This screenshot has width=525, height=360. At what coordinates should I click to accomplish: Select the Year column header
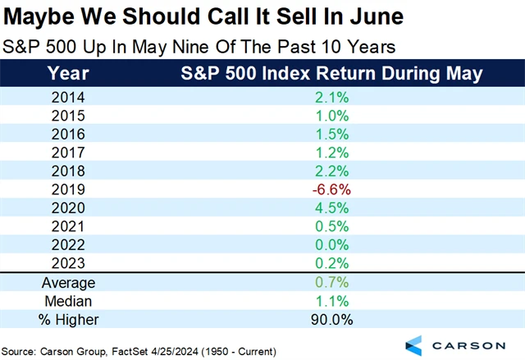coord(69,73)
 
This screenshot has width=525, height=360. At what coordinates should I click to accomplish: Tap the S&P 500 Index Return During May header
coord(331,73)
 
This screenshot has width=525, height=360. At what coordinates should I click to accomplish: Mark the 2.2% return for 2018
coord(331,170)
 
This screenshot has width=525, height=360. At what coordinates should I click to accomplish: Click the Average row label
coord(69,282)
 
